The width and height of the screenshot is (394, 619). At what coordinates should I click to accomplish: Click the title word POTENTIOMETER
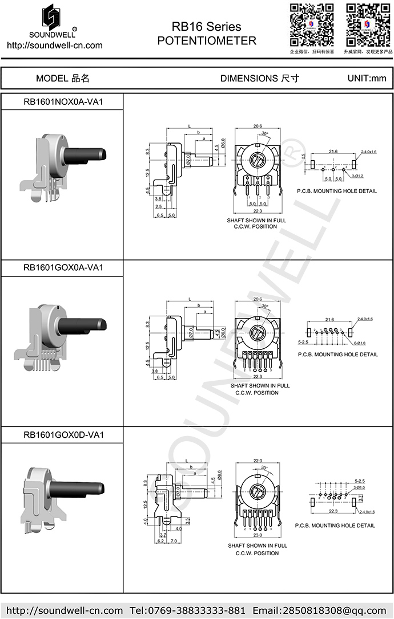pos(206,41)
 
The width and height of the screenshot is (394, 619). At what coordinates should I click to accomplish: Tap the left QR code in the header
pos(311,25)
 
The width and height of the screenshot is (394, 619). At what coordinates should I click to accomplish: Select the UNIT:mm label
pos(367,78)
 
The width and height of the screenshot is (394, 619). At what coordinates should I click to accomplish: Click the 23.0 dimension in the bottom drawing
pos(258,535)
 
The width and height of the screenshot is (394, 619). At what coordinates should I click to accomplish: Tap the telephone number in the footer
pos(192,610)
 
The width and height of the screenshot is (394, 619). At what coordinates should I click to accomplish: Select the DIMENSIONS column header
pos(259,78)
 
